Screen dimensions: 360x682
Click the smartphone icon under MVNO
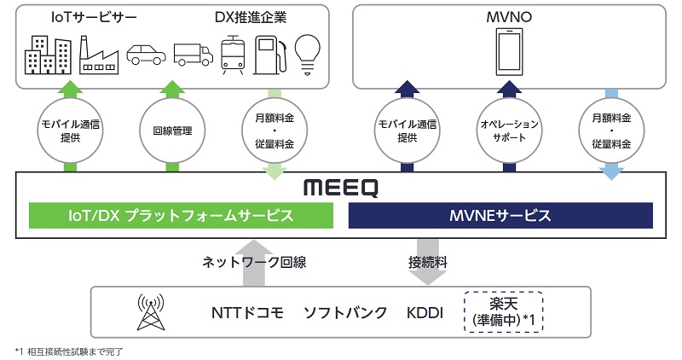[x=509, y=52]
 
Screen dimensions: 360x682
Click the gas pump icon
[x=269, y=54]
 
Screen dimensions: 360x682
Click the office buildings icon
[x=48, y=54]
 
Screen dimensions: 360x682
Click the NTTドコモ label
[x=246, y=313]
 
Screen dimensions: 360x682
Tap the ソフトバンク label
[x=345, y=313]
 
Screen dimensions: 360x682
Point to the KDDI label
[x=425, y=313]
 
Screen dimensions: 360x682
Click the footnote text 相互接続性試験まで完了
[x=72, y=351]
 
